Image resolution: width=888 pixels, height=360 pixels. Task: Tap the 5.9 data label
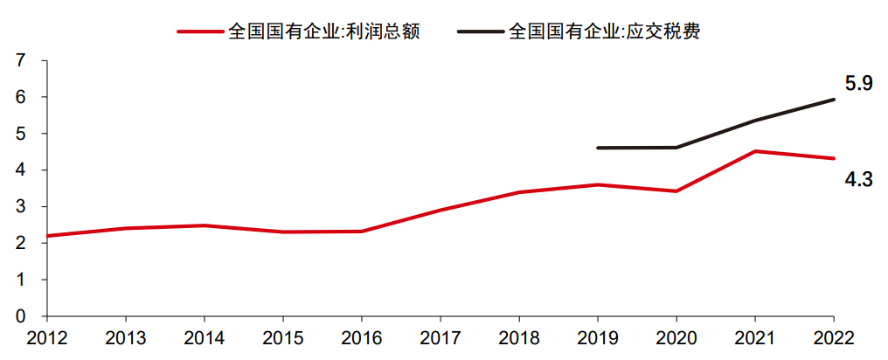(x=858, y=84)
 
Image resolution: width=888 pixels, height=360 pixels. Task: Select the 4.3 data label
(x=858, y=180)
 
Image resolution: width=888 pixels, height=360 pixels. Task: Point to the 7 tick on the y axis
(x=20, y=60)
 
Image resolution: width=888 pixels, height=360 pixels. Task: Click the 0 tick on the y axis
(x=20, y=316)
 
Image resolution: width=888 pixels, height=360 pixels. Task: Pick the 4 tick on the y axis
(x=20, y=170)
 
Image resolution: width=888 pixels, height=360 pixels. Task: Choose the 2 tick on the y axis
(x=20, y=243)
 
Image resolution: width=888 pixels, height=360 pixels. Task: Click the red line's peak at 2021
(x=755, y=151)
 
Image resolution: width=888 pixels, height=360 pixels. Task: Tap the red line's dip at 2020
(x=676, y=190)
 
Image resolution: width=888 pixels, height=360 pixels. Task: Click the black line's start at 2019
(x=598, y=148)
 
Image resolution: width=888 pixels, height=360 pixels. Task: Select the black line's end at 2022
(x=834, y=100)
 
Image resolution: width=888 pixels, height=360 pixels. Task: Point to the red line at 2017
(x=441, y=210)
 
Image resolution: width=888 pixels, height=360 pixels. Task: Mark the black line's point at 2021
(x=755, y=120)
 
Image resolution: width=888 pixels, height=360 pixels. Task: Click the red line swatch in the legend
(x=200, y=31)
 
